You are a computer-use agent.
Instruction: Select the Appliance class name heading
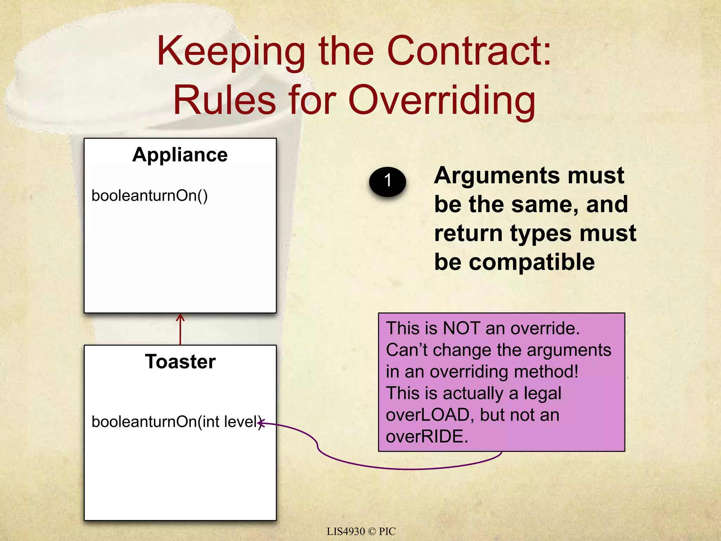pos(180,155)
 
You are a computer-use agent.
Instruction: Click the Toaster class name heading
pos(180,362)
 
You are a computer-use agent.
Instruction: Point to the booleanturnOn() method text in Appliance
pos(149,196)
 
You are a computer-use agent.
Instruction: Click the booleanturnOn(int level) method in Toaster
pos(176,422)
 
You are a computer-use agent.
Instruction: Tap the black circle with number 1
pos(387,181)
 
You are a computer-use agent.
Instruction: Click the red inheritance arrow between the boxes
pos(180,329)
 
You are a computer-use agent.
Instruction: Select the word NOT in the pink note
pos(461,328)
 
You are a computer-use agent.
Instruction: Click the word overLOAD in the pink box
pos(428,415)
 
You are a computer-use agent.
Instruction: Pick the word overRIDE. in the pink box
pos(427,437)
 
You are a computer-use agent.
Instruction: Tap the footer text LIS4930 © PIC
pos(361,531)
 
